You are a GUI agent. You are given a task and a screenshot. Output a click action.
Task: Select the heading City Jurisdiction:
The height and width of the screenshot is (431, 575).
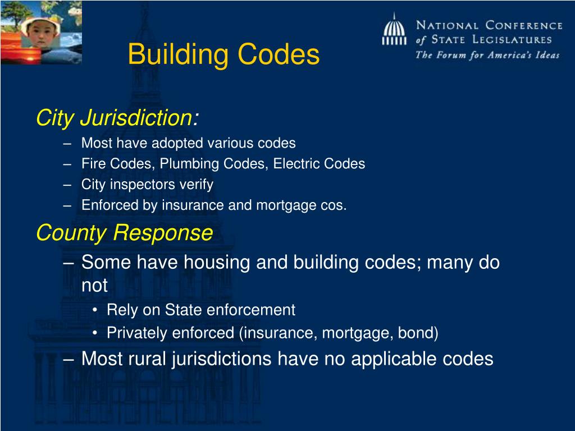click(117, 118)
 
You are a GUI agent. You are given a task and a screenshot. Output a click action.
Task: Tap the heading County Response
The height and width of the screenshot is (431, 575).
click(124, 232)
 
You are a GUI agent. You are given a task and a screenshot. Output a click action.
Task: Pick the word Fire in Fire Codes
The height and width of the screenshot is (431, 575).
click(91, 164)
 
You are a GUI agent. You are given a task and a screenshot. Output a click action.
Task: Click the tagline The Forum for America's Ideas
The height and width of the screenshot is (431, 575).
click(487, 55)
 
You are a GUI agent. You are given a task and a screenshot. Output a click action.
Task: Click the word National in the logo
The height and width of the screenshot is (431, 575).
click(448, 25)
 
